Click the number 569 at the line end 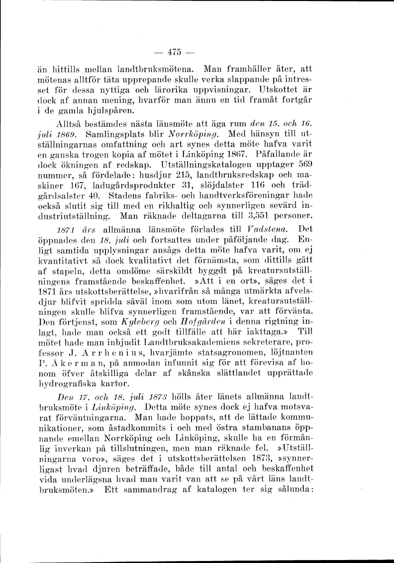pos(308,164)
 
